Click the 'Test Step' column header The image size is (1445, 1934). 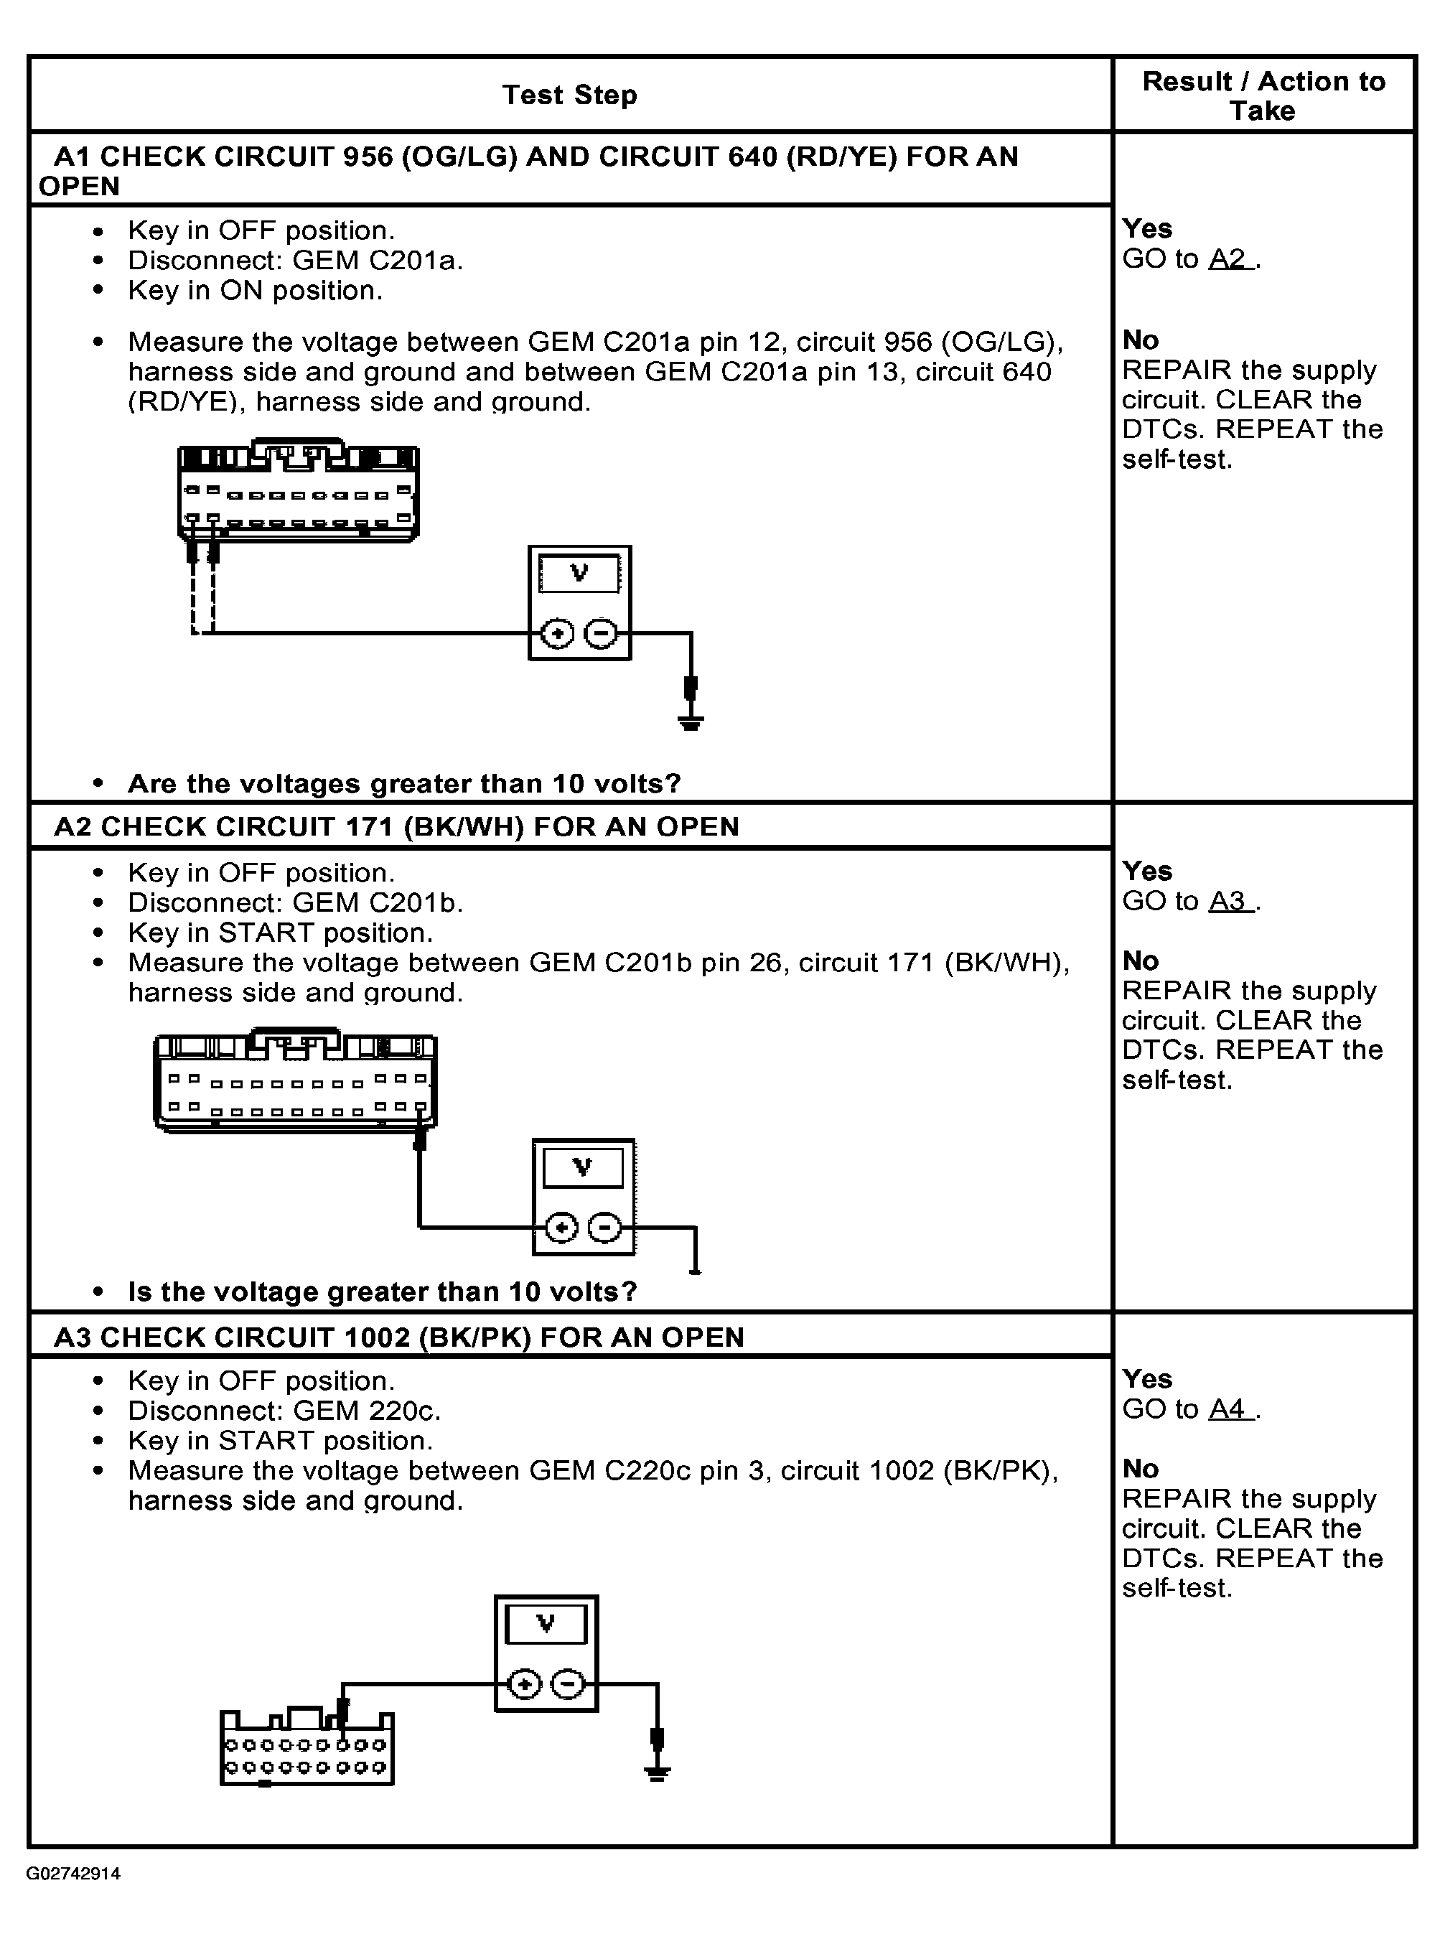(569, 95)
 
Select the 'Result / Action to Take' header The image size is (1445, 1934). (1263, 95)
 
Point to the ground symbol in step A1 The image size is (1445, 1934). (691, 722)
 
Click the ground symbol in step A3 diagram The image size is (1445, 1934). (658, 1772)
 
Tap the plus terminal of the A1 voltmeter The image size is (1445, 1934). (557, 633)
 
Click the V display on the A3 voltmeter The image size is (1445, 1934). (546, 1625)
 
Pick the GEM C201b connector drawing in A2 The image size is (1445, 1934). (294, 1082)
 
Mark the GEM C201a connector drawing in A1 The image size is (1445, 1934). (298, 490)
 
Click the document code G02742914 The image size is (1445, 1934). (73, 1874)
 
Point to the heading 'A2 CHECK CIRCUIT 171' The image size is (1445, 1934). (396, 826)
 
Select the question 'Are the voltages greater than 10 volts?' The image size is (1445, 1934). (404, 783)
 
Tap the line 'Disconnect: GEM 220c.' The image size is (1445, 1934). (284, 1410)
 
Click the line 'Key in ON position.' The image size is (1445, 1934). (256, 290)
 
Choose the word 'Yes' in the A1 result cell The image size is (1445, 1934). (1147, 229)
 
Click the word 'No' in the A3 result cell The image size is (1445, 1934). (1140, 1468)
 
